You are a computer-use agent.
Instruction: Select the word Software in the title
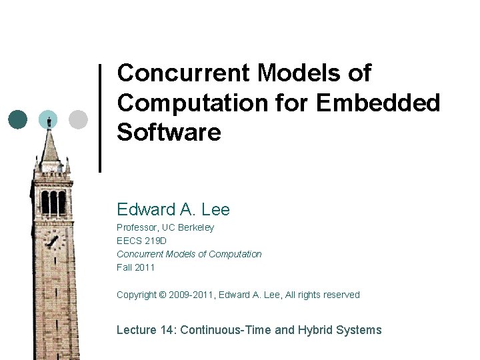tap(169, 132)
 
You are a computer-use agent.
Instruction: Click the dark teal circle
tap(19, 119)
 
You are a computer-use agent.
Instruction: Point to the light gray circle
tap(78, 119)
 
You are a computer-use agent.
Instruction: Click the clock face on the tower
tap(52, 241)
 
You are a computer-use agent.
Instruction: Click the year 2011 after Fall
tap(145, 267)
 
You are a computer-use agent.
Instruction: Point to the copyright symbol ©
tap(164, 295)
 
